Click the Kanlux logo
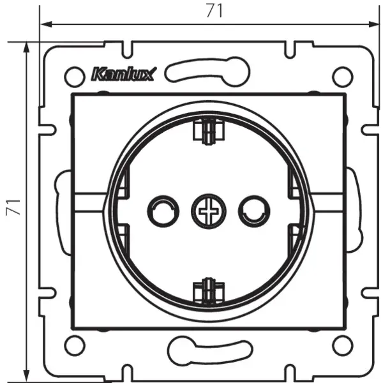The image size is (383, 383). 123,74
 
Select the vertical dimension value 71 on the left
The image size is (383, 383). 14,207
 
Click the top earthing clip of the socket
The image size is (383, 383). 207,130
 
